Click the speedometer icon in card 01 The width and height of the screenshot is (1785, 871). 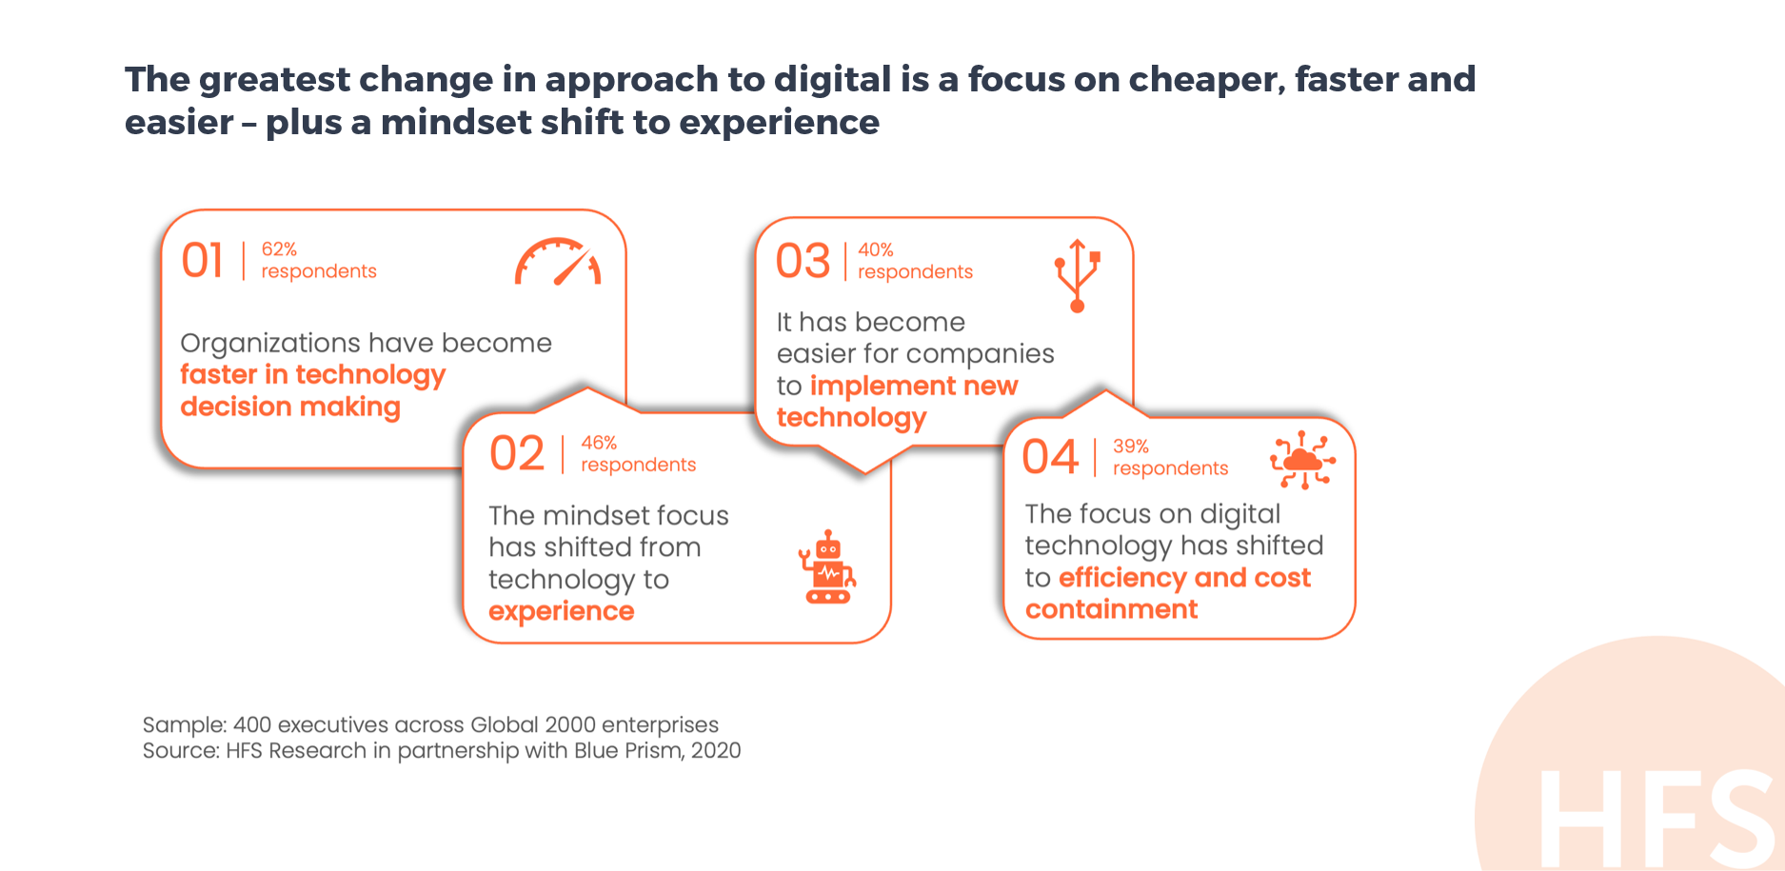558,262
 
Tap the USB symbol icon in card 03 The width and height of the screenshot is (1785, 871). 1078,276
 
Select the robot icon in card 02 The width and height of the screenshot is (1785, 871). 827,567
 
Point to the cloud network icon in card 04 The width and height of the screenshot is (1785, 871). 1302,460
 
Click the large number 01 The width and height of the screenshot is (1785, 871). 203,261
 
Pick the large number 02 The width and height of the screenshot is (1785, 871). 517,453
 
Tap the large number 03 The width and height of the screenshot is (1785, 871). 803,261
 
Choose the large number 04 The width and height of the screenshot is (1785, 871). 1051,457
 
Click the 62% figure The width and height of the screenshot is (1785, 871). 279,249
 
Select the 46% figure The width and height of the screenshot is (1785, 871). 599,443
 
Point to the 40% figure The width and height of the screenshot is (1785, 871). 876,249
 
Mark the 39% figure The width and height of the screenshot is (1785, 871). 1131,446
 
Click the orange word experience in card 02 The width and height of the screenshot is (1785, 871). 562,612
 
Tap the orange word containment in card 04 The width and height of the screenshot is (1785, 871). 1112,609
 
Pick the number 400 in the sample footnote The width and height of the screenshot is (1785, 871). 252,724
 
